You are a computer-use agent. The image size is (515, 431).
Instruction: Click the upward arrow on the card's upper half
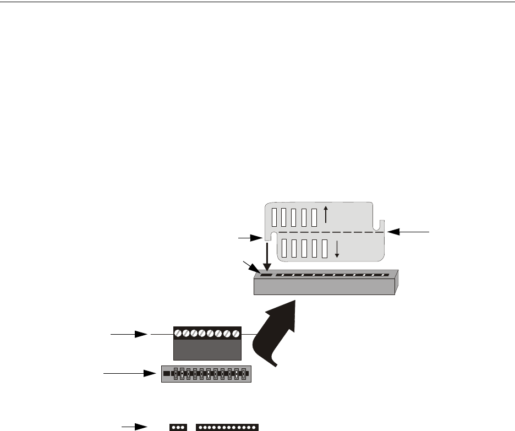(326, 215)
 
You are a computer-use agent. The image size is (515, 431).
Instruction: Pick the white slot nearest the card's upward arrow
(314, 218)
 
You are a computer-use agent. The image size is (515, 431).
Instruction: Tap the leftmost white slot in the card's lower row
(284, 249)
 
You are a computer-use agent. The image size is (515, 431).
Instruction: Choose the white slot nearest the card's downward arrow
(325, 249)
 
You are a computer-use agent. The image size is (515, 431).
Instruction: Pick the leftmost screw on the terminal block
(178, 334)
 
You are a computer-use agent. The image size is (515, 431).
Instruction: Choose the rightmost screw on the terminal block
(237, 334)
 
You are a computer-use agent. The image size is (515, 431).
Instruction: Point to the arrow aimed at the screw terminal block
(130, 334)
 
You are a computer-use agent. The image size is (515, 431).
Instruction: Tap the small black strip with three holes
(178, 427)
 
